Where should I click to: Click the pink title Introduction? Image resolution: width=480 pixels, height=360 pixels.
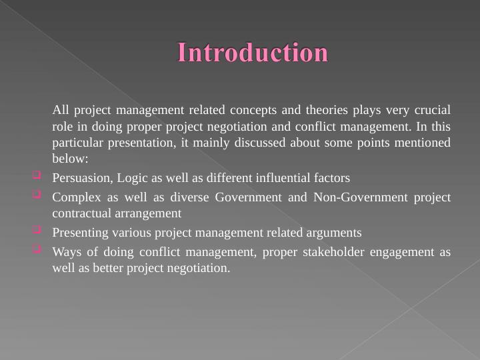click(x=253, y=53)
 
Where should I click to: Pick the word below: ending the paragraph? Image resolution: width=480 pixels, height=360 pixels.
click(x=70, y=159)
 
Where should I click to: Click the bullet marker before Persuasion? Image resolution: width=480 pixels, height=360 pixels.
click(x=36, y=177)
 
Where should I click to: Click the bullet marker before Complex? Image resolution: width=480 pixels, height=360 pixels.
click(x=36, y=195)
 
